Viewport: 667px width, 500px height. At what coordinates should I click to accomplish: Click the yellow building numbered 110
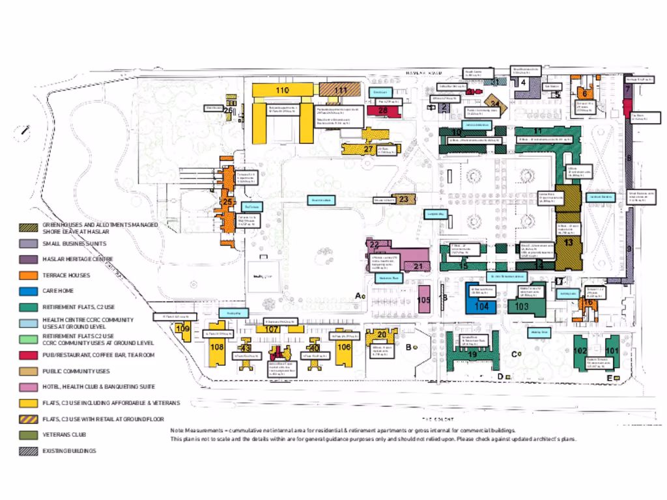click(282, 90)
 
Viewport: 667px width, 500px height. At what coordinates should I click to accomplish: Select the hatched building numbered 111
click(341, 90)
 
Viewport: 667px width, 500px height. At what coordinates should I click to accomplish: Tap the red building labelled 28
click(382, 111)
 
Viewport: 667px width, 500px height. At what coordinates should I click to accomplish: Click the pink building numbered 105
click(423, 300)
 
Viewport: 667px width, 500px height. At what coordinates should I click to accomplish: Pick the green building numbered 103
click(521, 306)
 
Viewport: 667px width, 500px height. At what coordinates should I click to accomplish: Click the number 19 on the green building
click(472, 354)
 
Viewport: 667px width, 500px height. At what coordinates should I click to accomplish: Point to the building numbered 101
click(612, 350)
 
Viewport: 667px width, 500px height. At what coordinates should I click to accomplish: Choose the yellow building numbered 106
click(343, 348)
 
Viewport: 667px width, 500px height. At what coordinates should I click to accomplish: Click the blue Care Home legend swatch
click(29, 292)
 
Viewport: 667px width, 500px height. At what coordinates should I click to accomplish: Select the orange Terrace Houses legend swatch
click(29, 275)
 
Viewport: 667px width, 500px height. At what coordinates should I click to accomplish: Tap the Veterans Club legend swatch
click(29, 435)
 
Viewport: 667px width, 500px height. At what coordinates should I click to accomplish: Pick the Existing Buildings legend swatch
click(29, 451)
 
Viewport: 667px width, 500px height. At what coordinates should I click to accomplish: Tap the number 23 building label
click(403, 199)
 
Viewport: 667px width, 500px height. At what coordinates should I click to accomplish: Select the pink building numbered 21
click(418, 265)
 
